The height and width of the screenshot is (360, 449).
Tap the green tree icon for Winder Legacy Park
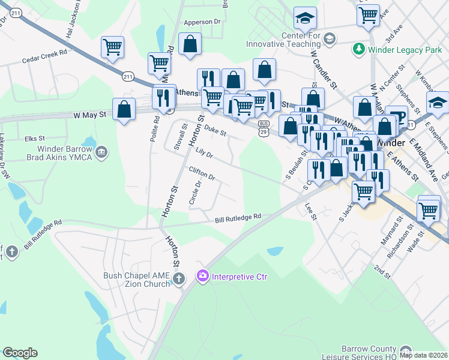[x=359, y=47]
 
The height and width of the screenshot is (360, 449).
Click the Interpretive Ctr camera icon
[x=202, y=276]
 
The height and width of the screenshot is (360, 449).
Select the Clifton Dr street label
[x=202, y=174]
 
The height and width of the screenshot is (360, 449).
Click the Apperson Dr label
[x=202, y=22]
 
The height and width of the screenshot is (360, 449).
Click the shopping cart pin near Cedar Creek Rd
[x=113, y=47]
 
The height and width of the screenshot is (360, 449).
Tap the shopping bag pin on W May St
[x=124, y=109]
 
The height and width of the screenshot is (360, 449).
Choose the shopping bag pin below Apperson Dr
[x=190, y=44]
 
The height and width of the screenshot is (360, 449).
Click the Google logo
[x=20, y=353]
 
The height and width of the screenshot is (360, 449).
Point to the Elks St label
[x=35, y=139]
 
